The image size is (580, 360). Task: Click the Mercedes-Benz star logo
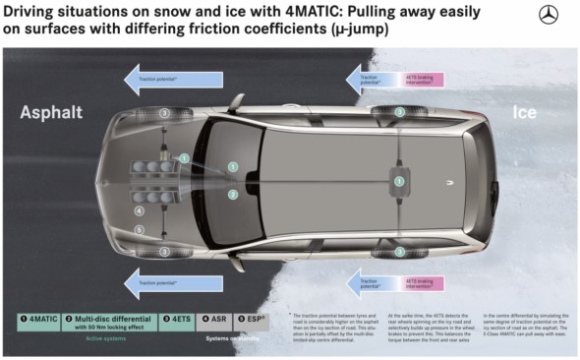click(548, 16)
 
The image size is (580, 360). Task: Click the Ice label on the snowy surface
click(524, 113)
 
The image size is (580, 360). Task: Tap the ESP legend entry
click(253, 319)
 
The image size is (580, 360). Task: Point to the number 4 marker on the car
click(140, 210)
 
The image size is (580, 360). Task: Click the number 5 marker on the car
click(140, 230)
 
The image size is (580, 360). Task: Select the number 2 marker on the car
click(233, 195)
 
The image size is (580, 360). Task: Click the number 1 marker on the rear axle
click(399, 180)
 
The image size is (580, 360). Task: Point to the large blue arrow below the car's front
click(175, 283)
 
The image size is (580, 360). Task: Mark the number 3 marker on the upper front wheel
click(164, 113)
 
